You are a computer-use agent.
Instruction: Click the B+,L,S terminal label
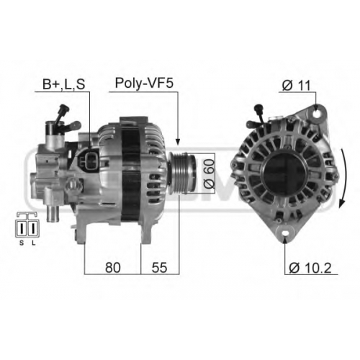[x=64, y=84]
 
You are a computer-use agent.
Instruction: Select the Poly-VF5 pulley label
[x=144, y=84]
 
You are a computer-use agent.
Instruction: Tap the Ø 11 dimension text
[x=296, y=85]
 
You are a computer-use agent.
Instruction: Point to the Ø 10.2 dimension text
[x=310, y=268]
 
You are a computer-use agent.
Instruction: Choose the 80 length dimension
[x=112, y=267]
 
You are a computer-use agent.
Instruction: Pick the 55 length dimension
[x=159, y=267]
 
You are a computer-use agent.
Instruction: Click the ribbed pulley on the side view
[x=182, y=173]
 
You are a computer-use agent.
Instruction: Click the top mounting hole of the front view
[x=317, y=114]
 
